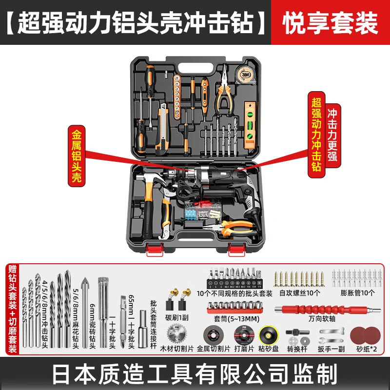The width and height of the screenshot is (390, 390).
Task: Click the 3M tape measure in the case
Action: point(245,75)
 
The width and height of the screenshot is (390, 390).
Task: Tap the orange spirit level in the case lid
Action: point(250,125)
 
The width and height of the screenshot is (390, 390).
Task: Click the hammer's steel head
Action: point(150,179)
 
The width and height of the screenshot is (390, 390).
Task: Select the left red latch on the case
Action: point(155,250)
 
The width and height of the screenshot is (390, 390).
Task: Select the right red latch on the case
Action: point(236,250)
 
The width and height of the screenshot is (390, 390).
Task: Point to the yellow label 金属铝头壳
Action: point(77,156)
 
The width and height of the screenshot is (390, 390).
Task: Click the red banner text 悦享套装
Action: point(330,23)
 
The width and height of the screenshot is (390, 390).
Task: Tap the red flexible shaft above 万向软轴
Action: point(327,310)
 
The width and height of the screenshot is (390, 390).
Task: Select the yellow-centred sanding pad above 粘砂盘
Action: point(269,335)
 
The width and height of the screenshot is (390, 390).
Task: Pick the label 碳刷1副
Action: point(177,318)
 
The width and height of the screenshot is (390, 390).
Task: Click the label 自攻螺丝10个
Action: point(299,293)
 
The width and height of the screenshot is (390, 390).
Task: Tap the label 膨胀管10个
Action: point(357,293)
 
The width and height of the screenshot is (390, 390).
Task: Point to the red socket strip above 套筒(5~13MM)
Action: point(235,307)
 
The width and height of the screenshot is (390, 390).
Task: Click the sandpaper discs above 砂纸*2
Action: point(365,335)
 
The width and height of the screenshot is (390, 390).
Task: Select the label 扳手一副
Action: point(331,349)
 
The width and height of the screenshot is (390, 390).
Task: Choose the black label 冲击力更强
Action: point(332,135)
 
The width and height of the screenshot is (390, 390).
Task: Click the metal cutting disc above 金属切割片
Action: point(213,335)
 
